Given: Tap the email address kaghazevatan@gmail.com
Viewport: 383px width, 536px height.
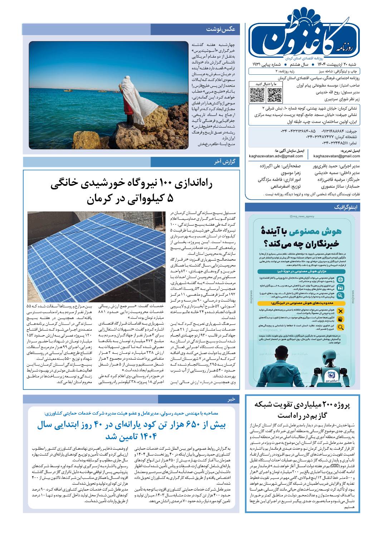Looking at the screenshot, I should coord(337,156).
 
